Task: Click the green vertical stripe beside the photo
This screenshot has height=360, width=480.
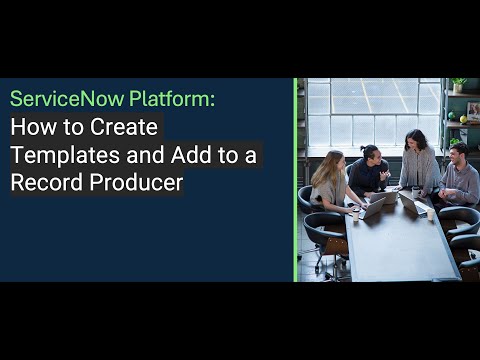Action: pyautogui.click(x=295, y=180)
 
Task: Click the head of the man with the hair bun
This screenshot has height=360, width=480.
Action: pyautogui.click(x=370, y=154)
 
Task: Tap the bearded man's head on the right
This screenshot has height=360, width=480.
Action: pyautogui.click(x=458, y=153)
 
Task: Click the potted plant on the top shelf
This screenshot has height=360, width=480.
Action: pyautogui.click(x=459, y=85)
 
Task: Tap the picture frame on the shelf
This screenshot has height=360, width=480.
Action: pyautogui.click(x=472, y=111)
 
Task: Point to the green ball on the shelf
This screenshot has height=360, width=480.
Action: pyautogui.click(x=463, y=119)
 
